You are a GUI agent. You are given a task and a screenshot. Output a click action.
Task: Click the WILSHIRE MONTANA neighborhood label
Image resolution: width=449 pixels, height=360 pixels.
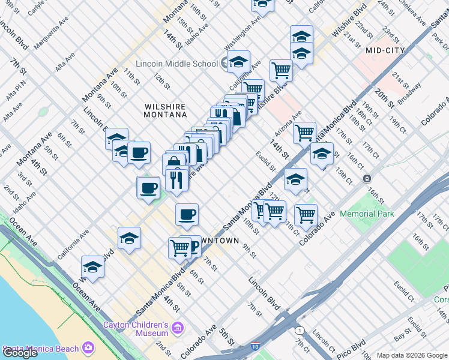(x=166, y=110)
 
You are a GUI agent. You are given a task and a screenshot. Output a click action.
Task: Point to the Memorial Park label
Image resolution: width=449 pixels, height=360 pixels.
(x=366, y=214)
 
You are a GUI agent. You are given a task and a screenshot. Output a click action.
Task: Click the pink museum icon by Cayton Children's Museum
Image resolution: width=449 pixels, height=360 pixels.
(x=177, y=328)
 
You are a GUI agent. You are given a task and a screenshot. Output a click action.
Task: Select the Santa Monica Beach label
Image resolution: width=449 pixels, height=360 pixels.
(x=41, y=349)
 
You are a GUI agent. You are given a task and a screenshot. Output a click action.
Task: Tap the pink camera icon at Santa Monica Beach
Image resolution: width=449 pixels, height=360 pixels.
(x=88, y=347)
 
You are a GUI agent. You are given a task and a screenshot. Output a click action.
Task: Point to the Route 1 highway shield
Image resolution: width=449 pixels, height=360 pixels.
(x=298, y=331)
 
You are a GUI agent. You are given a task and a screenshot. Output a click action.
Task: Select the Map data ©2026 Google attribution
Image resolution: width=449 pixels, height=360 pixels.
(x=411, y=355)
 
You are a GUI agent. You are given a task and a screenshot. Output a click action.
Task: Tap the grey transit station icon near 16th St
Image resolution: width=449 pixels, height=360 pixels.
(x=367, y=179)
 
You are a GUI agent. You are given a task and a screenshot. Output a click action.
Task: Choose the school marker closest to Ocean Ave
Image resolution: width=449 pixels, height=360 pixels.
(x=92, y=266)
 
